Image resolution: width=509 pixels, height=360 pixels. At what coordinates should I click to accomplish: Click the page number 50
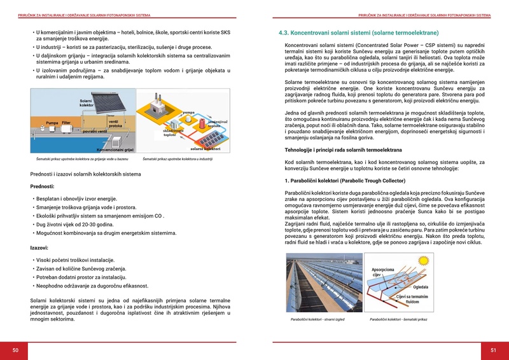[x=15, y=350]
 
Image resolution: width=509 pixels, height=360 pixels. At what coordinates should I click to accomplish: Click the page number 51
[x=493, y=350]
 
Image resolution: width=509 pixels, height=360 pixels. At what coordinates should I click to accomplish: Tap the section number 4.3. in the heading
[x=286, y=32]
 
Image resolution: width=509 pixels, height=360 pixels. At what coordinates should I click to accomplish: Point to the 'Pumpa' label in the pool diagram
[x=52, y=123]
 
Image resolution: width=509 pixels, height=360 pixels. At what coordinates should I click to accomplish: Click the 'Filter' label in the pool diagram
[x=67, y=123]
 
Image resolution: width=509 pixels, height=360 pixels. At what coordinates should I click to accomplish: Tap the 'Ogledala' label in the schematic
[x=421, y=288]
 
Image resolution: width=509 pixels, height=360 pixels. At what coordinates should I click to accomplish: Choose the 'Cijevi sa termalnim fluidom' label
[x=411, y=299]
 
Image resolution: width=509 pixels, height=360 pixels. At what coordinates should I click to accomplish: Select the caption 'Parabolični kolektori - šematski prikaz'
[x=398, y=320]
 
